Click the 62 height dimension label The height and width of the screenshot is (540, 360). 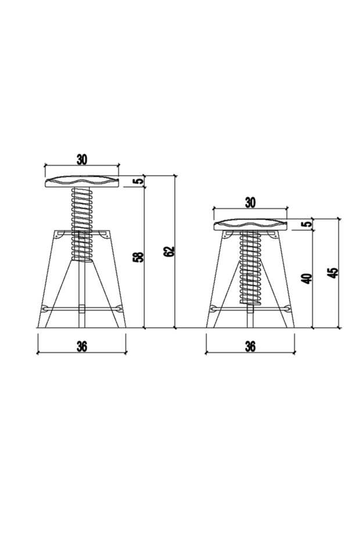coord(169,251)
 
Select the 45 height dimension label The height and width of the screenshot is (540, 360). coord(333,273)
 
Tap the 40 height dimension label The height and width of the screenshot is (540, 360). coord(306,278)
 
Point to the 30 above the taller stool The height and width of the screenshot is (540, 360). coord(82,159)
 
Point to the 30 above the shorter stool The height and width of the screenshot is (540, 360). coord(250,203)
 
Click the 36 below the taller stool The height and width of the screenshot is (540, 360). coord(82,346)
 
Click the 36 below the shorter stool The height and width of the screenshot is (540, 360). coord(250,346)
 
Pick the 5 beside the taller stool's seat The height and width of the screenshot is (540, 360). coord(139,181)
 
